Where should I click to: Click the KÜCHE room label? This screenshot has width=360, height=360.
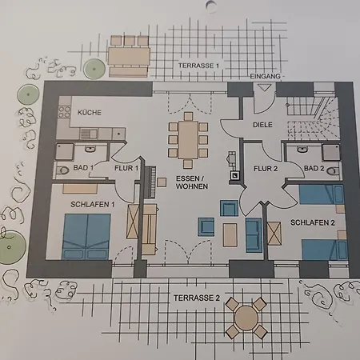[90, 113]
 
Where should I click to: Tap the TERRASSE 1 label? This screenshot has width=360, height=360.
[198, 66]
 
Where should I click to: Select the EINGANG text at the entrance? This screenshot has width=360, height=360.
[265, 77]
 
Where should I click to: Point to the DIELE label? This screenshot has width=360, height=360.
[262, 125]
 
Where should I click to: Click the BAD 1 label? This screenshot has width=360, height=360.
[83, 168]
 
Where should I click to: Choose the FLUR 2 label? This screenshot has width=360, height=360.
[266, 169]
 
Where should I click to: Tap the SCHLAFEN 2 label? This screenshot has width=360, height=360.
[313, 222]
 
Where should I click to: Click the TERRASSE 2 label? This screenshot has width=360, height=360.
[197, 298]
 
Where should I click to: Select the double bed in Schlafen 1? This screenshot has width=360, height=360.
[86, 237]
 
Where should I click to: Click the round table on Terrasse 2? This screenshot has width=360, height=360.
[246, 318]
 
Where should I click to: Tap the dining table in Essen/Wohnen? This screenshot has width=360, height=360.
[188, 140]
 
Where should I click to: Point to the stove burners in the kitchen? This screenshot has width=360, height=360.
[65, 112]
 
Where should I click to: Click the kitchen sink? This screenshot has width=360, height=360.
[89, 134]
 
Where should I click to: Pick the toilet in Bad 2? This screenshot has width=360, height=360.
[333, 171]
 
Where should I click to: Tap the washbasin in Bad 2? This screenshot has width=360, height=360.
[302, 150]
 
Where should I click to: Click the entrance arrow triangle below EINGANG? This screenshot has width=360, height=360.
[265, 88]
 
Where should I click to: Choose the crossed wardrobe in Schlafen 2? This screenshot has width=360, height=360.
[274, 233]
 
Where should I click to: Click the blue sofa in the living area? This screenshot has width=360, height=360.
[254, 235]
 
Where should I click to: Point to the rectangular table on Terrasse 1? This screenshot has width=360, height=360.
[129, 56]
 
